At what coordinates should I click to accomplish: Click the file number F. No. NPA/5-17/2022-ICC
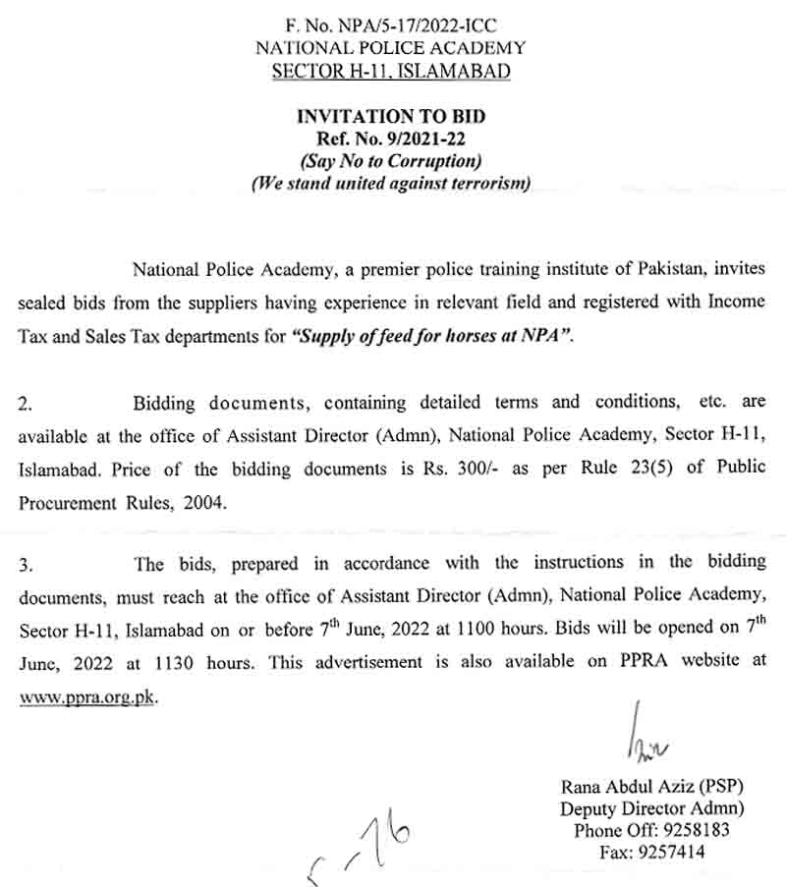point(390,23)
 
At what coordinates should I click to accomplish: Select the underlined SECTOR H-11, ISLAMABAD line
point(390,71)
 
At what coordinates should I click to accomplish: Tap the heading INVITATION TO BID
point(391,117)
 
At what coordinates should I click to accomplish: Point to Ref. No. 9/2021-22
point(390,139)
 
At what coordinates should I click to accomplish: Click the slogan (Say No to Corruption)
point(391,161)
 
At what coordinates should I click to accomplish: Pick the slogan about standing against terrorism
point(391,184)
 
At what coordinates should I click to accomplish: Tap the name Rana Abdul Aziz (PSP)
point(651,787)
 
